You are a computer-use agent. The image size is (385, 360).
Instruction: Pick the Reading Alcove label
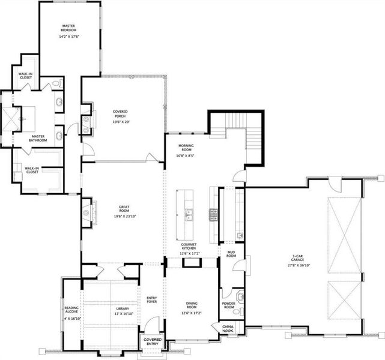pyautogui.click(x=71, y=313)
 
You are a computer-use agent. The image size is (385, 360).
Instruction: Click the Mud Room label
pyautogui.click(x=231, y=253)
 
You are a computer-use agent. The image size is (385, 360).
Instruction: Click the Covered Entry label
pyautogui.click(x=149, y=341)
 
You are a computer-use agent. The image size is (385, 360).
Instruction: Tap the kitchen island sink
pyautogui.click(x=189, y=214)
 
